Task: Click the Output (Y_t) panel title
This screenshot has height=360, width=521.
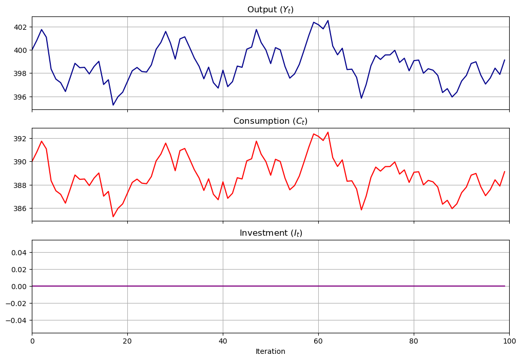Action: (270, 9)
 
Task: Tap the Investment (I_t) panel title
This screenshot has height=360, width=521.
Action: (270, 233)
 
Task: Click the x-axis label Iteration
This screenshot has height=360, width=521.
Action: (270, 352)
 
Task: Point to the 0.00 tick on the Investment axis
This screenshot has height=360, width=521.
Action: (19, 286)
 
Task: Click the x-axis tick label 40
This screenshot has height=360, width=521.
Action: (223, 340)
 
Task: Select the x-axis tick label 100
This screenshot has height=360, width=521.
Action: (509, 340)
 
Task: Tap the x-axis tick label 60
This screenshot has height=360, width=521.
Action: (318, 340)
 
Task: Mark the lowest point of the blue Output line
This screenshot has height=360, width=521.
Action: (113, 105)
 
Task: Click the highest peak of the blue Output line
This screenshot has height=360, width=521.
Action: (328, 21)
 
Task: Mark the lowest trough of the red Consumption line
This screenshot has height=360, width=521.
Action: (113, 217)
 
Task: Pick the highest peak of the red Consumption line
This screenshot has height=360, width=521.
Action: (328, 132)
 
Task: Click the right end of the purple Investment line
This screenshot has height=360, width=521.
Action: (505, 286)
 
